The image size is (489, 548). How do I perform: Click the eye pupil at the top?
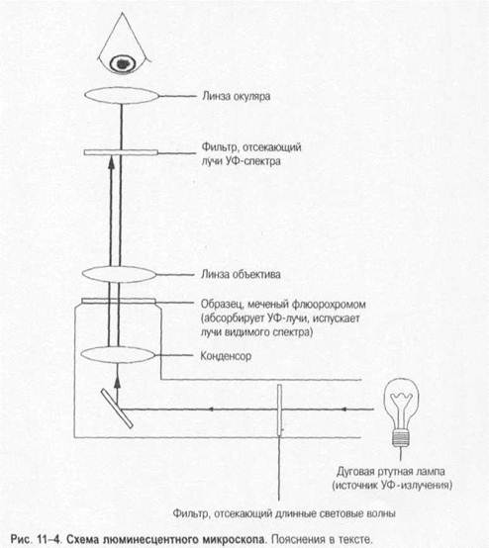coord(122,64)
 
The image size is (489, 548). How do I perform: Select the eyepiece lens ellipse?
coord(122,95)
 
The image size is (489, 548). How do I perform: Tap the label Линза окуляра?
coord(237,96)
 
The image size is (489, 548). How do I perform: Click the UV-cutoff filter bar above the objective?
coord(121,152)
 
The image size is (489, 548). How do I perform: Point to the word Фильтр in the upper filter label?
coord(218,146)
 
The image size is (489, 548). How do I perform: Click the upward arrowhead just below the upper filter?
coord(111,163)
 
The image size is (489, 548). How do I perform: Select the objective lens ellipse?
coord(119,274)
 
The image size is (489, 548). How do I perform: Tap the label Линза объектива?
coord(241,274)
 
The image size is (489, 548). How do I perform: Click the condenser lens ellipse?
coord(118,355)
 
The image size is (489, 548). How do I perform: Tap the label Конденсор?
coord(226,356)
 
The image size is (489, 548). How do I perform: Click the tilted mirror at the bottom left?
coord(117,409)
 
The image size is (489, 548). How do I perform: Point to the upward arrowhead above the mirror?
coord(117,382)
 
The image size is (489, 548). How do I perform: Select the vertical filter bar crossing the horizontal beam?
coord(279,411)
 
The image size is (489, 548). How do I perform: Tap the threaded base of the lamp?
coord(401,438)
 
